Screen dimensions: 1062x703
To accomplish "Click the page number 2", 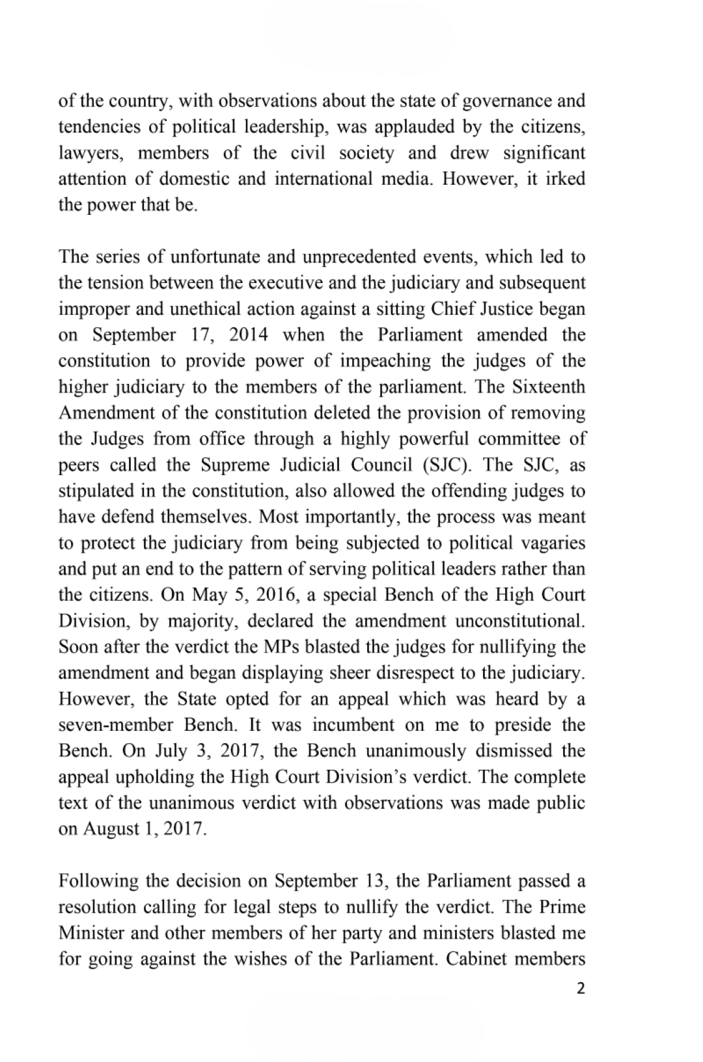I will pyautogui.click(x=581, y=989).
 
